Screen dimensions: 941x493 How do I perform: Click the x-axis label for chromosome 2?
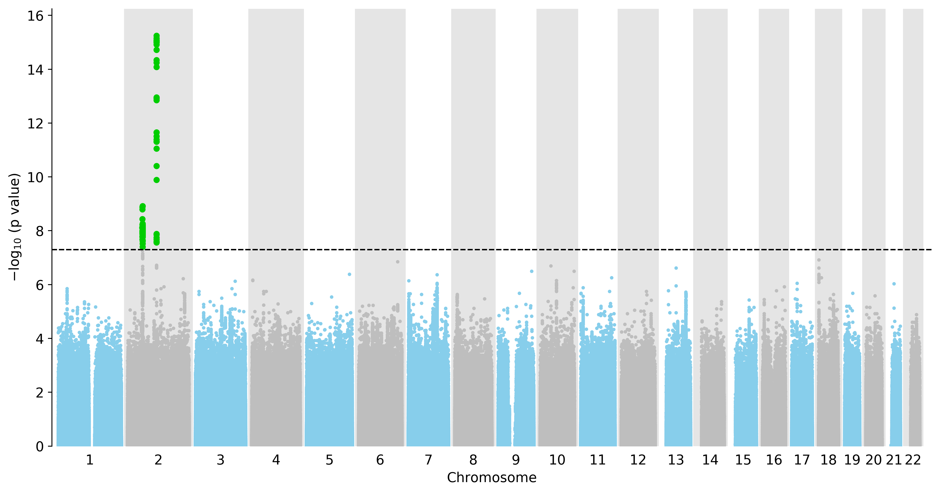pyautogui.click(x=158, y=460)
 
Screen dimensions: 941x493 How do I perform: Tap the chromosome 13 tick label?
pyautogui.click(x=676, y=460)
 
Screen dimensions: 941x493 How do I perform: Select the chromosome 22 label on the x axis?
pyautogui.click(x=913, y=460)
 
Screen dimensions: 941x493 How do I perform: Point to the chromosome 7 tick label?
pyautogui.click(x=428, y=460)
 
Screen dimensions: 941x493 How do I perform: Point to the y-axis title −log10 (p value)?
pyautogui.click(x=15, y=227)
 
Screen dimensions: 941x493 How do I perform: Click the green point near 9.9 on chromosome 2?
pyautogui.click(x=157, y=180)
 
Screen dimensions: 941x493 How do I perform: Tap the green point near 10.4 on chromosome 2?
pyautogui.click(x=157, y=166)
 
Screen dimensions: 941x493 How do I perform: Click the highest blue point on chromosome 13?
pyautogui.click(x=676, y=268)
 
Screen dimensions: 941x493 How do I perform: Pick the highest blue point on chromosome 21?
pyautogui.click(x=894, y=284)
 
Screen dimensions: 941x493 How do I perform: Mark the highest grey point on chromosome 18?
pyautogui.click(x=819, y=260)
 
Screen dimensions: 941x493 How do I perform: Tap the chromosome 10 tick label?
pyautogui.click(x=557, y=460)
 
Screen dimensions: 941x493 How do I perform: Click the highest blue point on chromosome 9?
pyautogui.click(x=532, y=271)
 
